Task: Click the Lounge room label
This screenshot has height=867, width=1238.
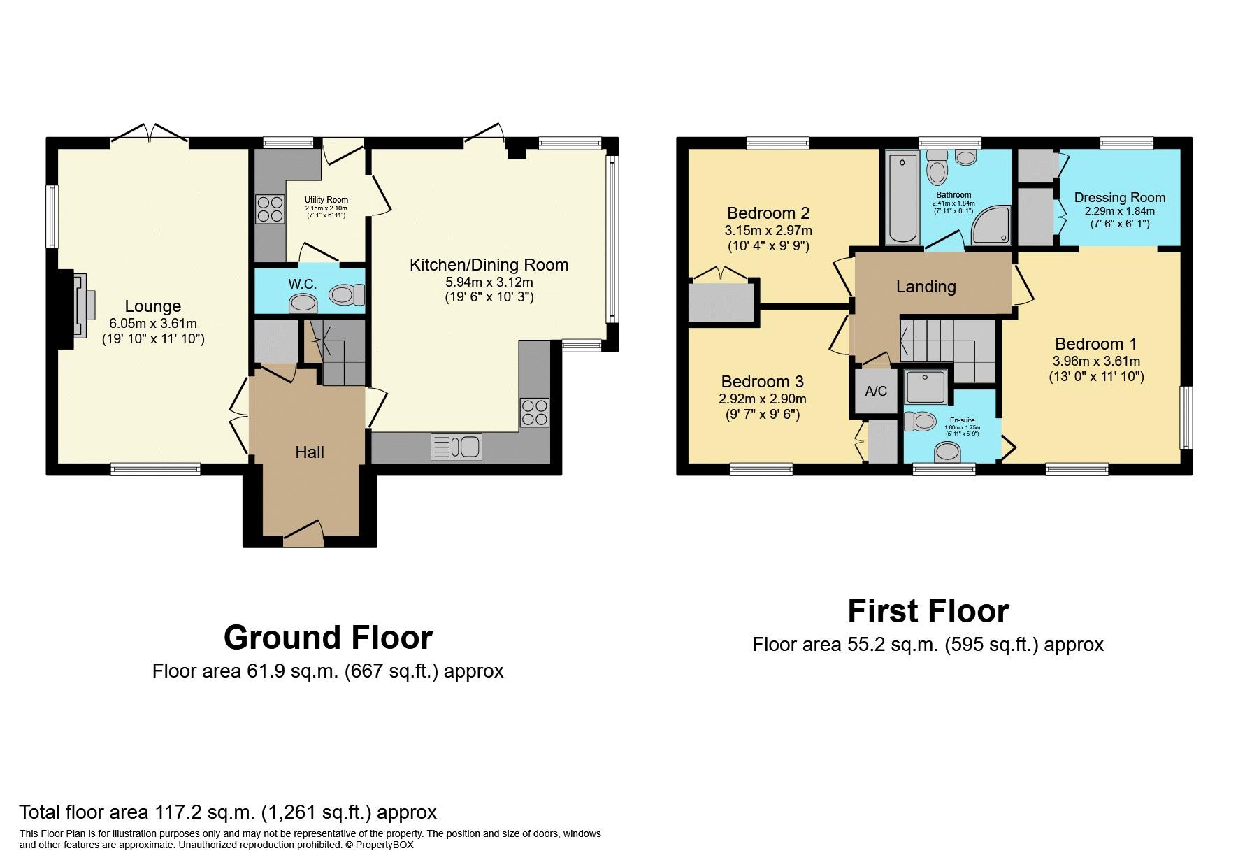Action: (x=153, y=306)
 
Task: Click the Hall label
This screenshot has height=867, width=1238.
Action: (x=310, y=452)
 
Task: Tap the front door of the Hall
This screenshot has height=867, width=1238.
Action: (x=304, y=536)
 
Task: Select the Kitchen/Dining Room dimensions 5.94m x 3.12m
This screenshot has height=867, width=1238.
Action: (x=489, y=282)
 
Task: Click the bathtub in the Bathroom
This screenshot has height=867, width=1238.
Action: (x=901, y=199)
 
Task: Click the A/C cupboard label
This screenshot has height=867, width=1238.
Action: (x=875, y=391)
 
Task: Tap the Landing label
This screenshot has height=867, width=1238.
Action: (x=926, y=287)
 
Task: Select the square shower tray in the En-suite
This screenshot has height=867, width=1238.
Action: (x=927, y=387)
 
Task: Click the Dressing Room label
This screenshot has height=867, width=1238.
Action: (x=1120, y=198)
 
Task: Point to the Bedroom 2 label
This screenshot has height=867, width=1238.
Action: (x=769, y=213)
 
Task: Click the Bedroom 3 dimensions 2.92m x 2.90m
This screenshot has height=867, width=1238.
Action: (x=763, y=399)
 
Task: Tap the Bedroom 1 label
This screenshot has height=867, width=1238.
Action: (x=1095, y=344)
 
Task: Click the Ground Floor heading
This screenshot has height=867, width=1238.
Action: (x=328, y=638)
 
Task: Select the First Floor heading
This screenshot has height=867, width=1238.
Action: (x=928, y=611)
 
